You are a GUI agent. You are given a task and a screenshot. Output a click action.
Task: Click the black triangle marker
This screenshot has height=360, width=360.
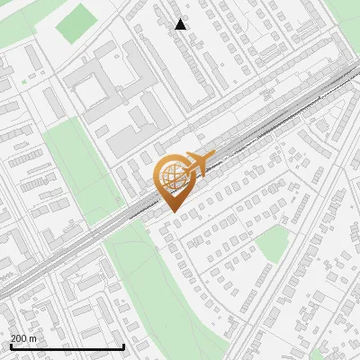point(181,24)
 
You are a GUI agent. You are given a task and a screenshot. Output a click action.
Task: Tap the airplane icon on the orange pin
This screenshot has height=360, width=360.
point(198,163)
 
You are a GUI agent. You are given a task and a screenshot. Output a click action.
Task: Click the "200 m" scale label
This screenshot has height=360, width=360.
point(23,338)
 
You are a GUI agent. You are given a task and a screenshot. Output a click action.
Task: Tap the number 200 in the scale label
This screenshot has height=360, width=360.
point(19,338)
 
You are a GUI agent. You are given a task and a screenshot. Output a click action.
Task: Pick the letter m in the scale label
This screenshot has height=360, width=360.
point(32,338)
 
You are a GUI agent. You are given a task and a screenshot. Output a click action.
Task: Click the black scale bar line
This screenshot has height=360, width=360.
point(67,346)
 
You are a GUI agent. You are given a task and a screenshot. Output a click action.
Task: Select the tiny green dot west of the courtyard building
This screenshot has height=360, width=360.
point(24,82)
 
